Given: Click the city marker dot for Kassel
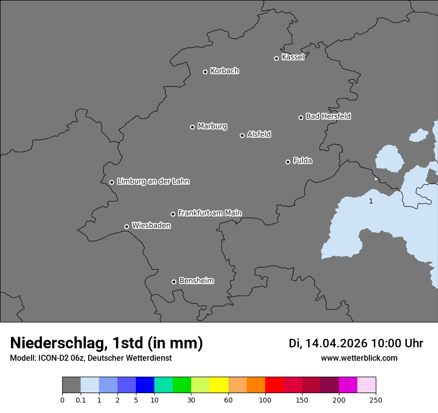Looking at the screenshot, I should tap(276, 58).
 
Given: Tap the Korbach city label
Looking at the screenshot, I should tap(224, 71).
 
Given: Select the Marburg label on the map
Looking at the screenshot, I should tap(212, 126).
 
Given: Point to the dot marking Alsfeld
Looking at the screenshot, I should tap(242, 135).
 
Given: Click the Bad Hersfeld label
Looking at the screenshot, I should tap(328, 116).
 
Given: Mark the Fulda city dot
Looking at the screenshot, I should tap(288, 162).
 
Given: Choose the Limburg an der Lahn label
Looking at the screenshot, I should tap(153, 182).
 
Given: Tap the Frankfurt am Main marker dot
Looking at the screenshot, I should tap(173, 214).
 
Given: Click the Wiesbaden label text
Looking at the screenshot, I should tap(151, 226).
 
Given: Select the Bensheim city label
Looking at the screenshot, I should tap(196, 281).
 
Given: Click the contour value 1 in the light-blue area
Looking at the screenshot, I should tap(371, 202).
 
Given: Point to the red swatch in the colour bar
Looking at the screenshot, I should tap(274, 385).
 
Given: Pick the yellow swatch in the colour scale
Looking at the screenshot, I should tap(219, 385).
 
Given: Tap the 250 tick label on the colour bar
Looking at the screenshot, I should tap(376, 400).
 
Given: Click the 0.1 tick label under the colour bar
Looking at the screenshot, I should tap(81, 400).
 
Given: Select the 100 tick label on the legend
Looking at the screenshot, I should tap(265, 400).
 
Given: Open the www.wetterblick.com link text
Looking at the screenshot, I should tap(359, 358).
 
